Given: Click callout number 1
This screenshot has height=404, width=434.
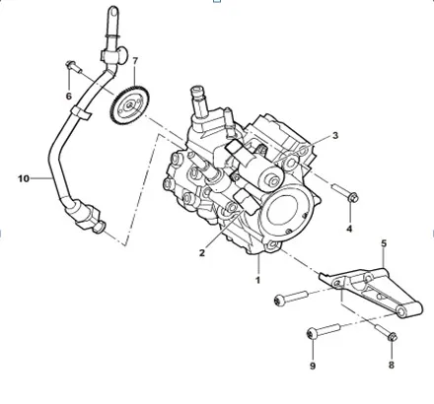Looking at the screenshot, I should click(259, 280).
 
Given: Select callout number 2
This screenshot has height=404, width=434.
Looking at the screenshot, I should click(201, 253).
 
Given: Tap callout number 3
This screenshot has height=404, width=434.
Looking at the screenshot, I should click(334, 135).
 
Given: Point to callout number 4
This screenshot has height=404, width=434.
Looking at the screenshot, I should click(348, 229).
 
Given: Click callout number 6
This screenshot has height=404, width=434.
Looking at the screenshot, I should click(69, 96).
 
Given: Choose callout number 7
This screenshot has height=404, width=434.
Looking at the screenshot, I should click(135, 62).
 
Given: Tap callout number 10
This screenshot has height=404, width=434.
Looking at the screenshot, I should click(24, 179).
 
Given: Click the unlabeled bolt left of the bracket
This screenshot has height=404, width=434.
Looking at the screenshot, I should click(286, 296).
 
